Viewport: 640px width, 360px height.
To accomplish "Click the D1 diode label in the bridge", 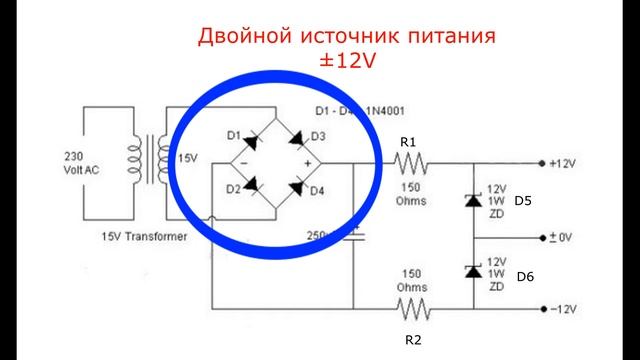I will (232, 135).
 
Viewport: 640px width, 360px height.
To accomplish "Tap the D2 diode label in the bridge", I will (231, 187).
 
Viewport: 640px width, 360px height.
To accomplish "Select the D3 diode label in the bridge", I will (319, 136).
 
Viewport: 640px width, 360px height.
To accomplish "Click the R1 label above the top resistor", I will (408, 143).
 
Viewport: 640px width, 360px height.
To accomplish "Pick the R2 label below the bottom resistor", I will (413, 340).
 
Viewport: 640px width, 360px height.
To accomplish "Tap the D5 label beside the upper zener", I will (523, 201).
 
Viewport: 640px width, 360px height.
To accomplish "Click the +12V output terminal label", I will (564, 162).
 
